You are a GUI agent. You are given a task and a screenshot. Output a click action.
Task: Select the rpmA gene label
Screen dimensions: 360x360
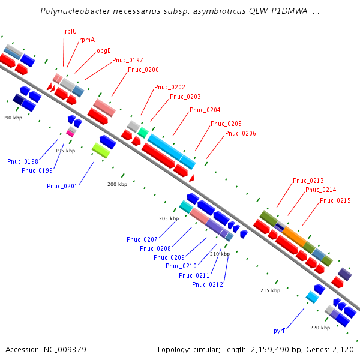[x=87, y=40]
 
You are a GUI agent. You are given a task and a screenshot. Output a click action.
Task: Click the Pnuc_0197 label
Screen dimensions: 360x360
[x=127, y=60]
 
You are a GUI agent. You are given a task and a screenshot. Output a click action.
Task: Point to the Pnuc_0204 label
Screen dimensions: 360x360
[x=205, y=110]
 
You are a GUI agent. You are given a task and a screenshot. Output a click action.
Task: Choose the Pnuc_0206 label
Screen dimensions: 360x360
[x=240, y=133]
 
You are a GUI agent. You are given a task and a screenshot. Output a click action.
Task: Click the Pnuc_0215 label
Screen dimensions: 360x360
[x=335, y=200]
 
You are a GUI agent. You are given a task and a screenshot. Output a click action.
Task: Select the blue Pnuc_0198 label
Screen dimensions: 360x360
[x=23, y=161]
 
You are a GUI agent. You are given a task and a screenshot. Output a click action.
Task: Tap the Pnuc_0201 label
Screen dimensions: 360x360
[x=62, y=186]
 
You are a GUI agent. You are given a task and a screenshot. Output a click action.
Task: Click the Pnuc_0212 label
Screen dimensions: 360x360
[x=208, y=284]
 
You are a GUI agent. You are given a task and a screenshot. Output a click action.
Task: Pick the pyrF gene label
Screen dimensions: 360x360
[x=279, y=331]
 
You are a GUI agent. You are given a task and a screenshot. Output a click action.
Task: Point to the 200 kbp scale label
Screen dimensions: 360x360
[x=118, y=184]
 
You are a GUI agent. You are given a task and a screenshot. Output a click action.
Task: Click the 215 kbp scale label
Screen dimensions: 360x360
[x=270, y=290]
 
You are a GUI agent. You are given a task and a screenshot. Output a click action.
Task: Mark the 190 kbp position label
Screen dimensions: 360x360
[x=12, y=118]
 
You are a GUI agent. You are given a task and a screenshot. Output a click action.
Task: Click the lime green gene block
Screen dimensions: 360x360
[x=100, y=151]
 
